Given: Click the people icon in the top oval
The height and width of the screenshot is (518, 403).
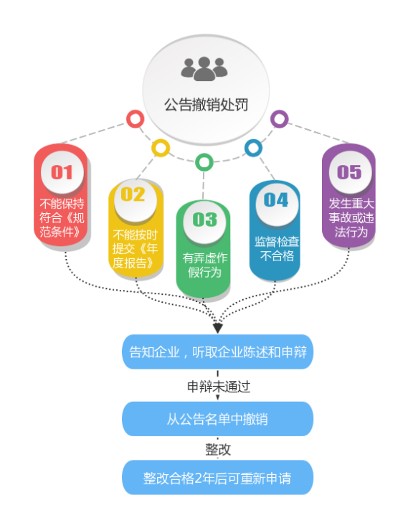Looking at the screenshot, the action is coord(204,69).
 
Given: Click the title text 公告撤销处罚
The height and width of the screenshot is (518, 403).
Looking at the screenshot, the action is coord(206,105).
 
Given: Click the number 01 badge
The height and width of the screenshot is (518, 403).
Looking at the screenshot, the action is coord(62,172).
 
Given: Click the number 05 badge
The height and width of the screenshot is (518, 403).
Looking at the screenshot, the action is coord(350,172).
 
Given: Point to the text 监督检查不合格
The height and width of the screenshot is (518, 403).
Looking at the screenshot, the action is coord(277,248).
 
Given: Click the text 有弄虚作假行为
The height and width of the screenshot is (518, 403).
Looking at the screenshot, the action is coord(204,265).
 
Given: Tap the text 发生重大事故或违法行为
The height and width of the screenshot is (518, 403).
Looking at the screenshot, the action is coord(351,217).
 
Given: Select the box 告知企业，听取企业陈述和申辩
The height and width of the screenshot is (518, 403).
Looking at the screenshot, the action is coord(217,352).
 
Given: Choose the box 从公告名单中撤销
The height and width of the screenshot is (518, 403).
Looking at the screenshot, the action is coord(217,419).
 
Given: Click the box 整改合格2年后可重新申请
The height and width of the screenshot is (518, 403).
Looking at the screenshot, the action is coord(217,477).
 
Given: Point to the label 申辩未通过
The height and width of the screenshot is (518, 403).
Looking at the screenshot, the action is coord(219,386).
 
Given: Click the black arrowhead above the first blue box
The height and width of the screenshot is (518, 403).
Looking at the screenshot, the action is coord(217,329).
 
